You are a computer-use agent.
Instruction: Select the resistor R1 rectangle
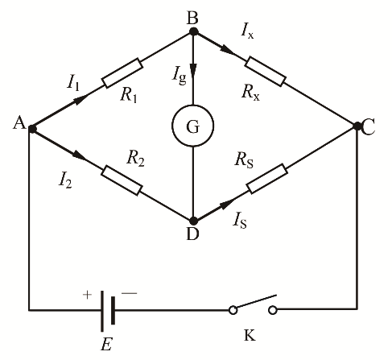coord(122,72)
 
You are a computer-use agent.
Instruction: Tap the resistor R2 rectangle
coord(122,180)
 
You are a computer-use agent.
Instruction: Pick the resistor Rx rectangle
coord(266,72)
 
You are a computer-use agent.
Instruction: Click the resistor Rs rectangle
coord(267,178)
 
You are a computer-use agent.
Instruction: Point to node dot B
coord(193,31)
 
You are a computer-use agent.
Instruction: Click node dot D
coord(193,221)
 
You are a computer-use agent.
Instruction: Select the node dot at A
coord(32,129)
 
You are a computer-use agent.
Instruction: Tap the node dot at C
coord(357,126)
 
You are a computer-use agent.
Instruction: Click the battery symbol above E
coord(108,311)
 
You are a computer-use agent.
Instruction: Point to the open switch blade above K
coord(255,302)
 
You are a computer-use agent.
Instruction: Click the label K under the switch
coord(250,335)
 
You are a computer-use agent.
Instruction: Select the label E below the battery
coord(106,344)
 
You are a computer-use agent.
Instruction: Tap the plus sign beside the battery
coord(87,295)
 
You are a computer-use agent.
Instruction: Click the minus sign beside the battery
coord(129,293)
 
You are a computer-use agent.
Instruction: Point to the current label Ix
coord(247,33)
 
